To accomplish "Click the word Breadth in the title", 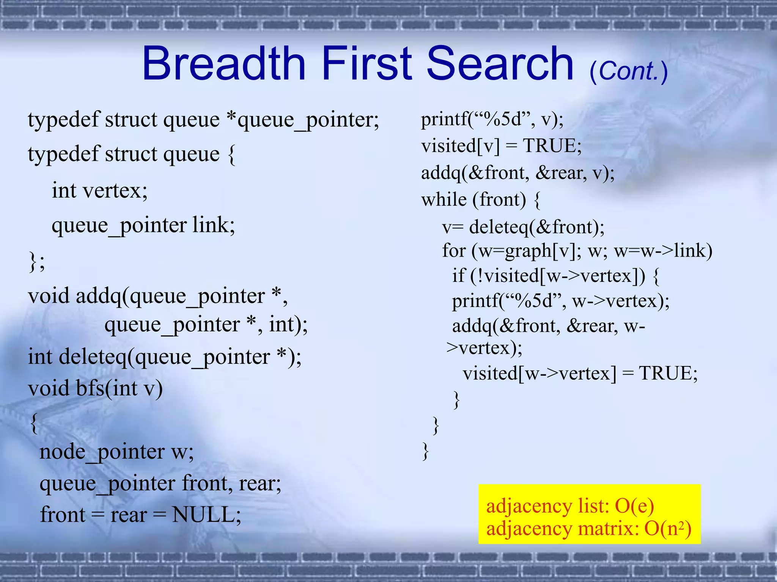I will pyautogui.click(x=224, y=64).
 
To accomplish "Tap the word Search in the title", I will pyautogui.click(x=500, y=64).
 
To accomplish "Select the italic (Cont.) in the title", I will pyautogui.click(x=628, y=71).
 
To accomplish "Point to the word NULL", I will pyautogui.click(x=206, y=515).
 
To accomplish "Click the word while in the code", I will pyautogui.click(x=444, y=199).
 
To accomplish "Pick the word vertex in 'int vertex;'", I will pyautogui.click(x=115, y=190).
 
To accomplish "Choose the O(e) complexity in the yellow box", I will pyautogui.click(x=634, y=506).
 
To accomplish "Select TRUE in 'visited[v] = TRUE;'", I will pyautogui.click(x=551, y=146).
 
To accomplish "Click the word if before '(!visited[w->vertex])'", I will pyautogui.click(x=458, y=275).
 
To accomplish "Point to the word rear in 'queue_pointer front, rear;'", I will pyautogui.click(x=260, y=483).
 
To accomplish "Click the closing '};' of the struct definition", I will pyautogui.click(x=37, y=261).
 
